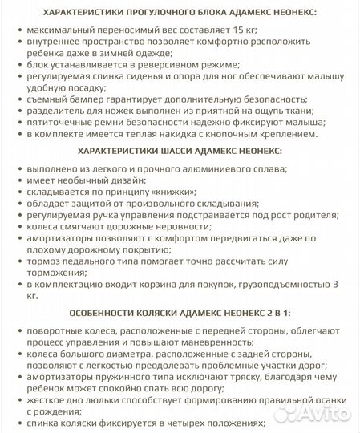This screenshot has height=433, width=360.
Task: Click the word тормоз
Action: click(x=47, y=261)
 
